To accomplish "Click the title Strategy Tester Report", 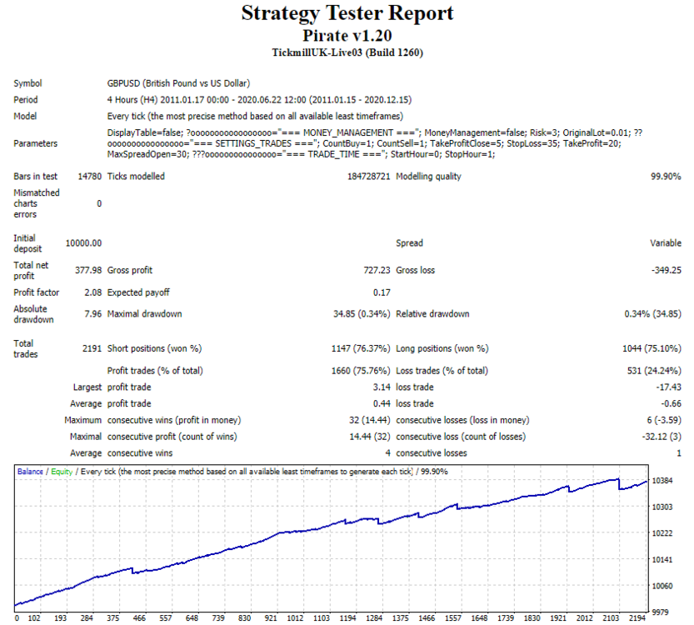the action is point(347,13).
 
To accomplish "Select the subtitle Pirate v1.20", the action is point(347,35).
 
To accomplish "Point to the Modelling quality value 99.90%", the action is point(666,176).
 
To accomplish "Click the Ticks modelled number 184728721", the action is point(369,176).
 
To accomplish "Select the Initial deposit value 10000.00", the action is point(83,243).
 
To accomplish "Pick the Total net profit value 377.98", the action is point(88,270).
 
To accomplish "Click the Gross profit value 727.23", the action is point(377,270).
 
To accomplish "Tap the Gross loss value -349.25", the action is point(667,270).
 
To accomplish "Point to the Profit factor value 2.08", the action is point(93,292).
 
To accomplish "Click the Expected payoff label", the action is point(138,292).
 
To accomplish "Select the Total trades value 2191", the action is point(92,348).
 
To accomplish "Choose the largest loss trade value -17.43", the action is point(668,387).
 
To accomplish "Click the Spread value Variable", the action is point(666,243).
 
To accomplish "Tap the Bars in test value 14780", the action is point(90,176).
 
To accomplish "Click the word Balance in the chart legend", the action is point(30,472).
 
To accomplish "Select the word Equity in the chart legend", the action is point(62,472).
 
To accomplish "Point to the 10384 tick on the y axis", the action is point(662,480).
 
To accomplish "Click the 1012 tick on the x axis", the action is point(295,618).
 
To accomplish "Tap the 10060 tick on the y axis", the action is point(662,586).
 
